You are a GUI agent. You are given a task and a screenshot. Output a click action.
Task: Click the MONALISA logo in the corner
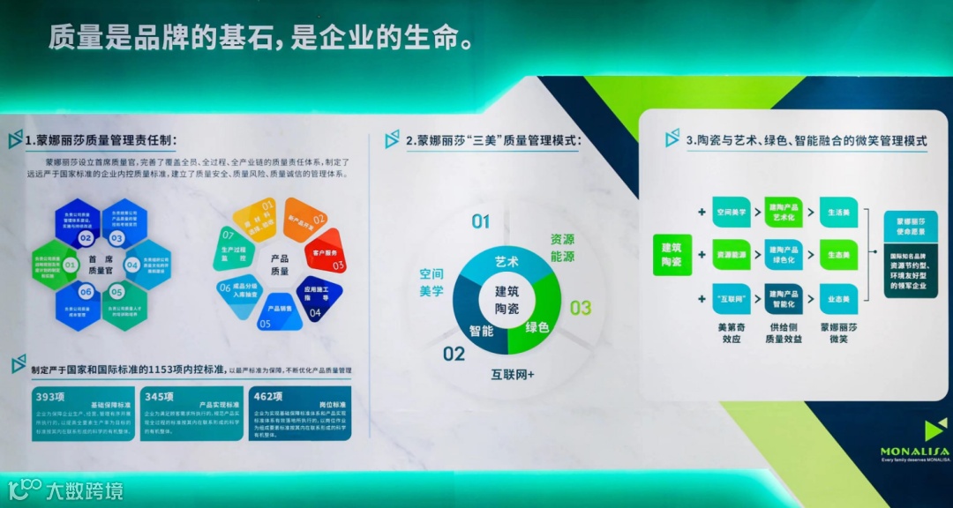914,441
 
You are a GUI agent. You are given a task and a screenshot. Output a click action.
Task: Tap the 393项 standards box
83,413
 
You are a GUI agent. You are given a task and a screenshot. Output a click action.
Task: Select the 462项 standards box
300,413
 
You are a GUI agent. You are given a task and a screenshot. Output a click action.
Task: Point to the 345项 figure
161,396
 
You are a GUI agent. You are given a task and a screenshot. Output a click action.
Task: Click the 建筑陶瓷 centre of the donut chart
507,298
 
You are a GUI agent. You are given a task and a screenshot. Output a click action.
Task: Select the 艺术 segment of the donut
506,262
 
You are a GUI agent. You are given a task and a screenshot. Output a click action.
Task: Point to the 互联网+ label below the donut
514,374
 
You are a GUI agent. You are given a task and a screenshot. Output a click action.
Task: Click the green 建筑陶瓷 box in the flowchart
672,255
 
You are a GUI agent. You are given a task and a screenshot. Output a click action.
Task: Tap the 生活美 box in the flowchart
838,212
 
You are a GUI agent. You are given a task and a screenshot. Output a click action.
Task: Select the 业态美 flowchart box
838,299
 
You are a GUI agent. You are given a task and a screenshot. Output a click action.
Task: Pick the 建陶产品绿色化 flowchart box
784,255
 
